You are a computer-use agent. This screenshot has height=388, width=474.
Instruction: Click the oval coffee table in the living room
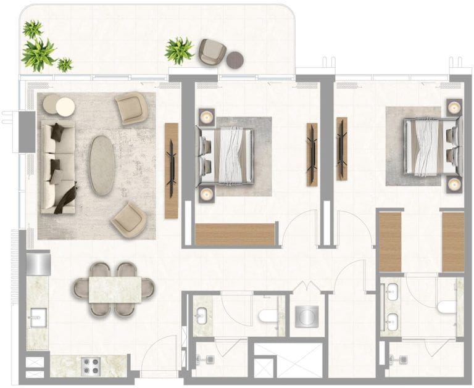pyautogui.click(x=102, y=165)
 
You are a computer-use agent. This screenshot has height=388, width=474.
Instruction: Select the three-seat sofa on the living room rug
pyautogui.click(x=57, y=167)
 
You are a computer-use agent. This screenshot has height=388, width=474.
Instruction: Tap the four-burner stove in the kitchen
pyautogui.click(x=91, y=365)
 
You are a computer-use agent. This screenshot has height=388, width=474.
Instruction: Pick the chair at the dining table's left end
pyautogui.click(x=80, y=288)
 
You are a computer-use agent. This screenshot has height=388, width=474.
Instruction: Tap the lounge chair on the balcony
pyautogui.click(x=212, y=52)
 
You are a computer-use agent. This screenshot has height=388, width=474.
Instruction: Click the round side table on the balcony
pyautogui.click(x=235, y=60)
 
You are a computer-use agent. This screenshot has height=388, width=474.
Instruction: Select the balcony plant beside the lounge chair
pyautogui.click(x=178, y=49)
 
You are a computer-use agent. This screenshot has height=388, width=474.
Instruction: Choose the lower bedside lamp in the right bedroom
pyautogui.click(x=455, y=183)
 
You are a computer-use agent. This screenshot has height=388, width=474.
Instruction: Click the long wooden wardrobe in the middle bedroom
pyautogui.click(x=235, y=234)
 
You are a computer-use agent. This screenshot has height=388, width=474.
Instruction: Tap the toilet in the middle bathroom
pyautogui.click(x=267, y=316)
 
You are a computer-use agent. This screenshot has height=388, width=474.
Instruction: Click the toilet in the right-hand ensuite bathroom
pyautogui.click(x=445, y=307)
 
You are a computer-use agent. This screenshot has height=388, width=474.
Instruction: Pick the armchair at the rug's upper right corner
pyautogui.click(x=133, y=108)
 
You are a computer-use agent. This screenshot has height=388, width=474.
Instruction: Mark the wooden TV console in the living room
pyautogui.click(x=171, y=170)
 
